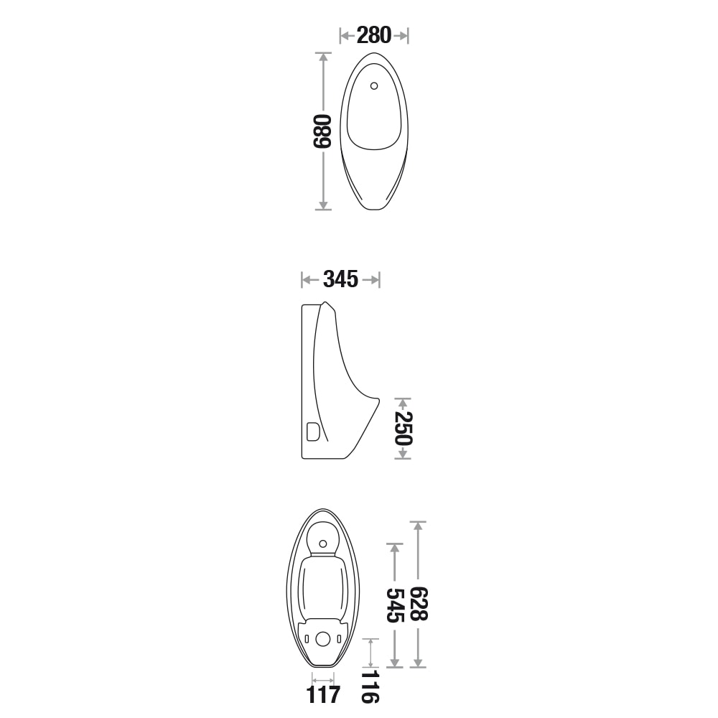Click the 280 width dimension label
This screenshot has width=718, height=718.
[x=373, y=35]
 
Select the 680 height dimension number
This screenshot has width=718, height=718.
[x=322, y=131]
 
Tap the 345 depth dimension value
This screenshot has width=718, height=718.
[x=340, y=279]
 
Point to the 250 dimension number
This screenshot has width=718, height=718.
[x=404, y=428]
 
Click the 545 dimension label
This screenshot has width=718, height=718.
[x=395, y=605]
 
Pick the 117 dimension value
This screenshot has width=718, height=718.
[x=323, y=694]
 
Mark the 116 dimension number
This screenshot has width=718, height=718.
[x=370, y=686]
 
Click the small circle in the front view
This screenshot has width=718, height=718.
[x=374, y=85]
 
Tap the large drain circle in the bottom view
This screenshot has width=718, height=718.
[x=323, y=639]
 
